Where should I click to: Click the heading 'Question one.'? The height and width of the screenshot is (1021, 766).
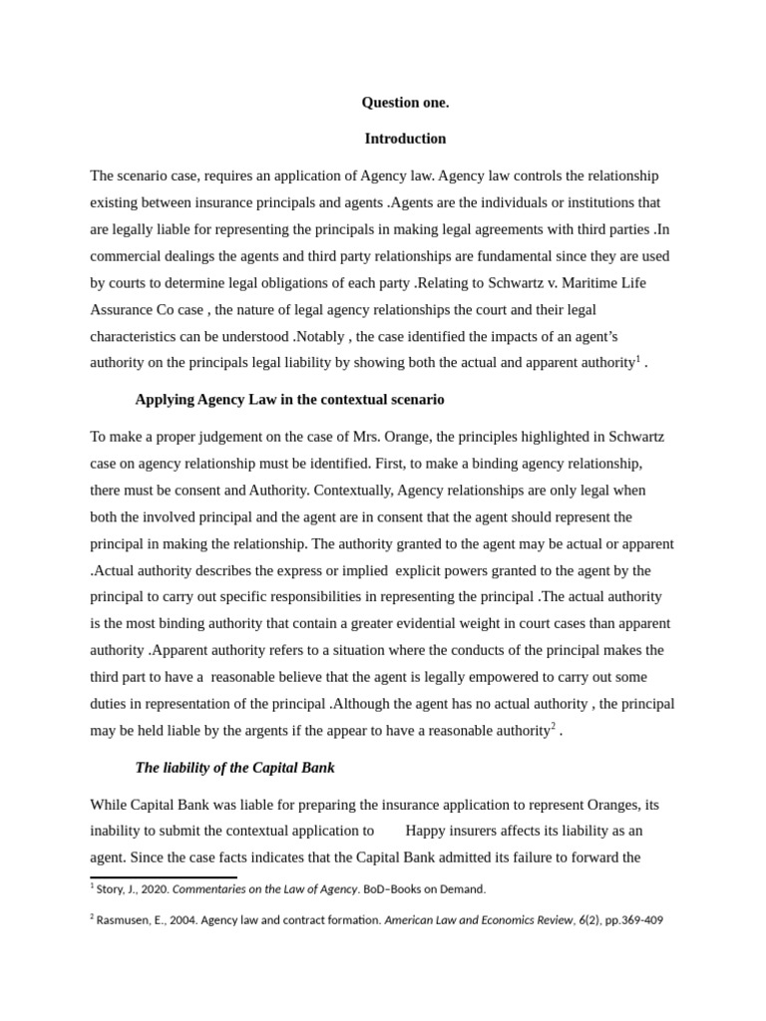[405, 102]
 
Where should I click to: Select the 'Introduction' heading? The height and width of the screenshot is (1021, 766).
[405, 139]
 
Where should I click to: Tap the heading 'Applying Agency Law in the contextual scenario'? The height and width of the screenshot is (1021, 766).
[289, 400]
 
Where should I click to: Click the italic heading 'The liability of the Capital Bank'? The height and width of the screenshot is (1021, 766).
[234, 767]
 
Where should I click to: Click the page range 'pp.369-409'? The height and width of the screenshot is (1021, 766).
[630, 921]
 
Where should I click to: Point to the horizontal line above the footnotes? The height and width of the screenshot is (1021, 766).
[164, 877]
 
